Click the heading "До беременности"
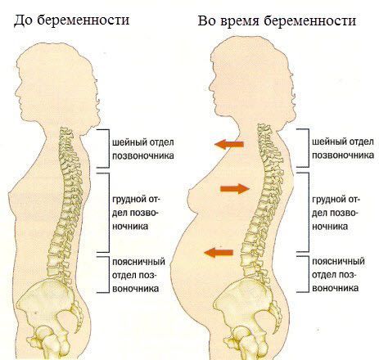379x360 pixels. click(71, 20)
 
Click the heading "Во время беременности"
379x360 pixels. click(277, 21)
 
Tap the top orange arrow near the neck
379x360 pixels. click(229, 144)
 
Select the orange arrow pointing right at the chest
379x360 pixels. click(235, 188)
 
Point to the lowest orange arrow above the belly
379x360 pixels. click(219, 253)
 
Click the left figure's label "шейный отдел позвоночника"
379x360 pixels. click(143, 149)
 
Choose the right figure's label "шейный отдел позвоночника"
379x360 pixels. click(343, 149)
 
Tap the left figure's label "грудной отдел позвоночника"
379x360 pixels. click(136, 213)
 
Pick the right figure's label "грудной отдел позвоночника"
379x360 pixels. click(336, 213)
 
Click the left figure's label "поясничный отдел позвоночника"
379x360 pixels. click(138, 275)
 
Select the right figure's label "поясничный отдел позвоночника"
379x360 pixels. click(338, 275)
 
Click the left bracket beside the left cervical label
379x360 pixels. click(109, 148)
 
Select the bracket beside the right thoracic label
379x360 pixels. click(309, 212)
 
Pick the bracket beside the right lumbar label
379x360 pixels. click(309, 274)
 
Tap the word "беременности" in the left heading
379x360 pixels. click(83, 20)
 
